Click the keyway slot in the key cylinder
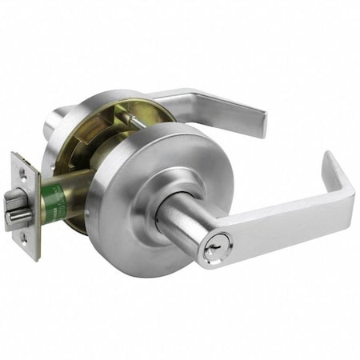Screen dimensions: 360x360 [210, 253]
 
